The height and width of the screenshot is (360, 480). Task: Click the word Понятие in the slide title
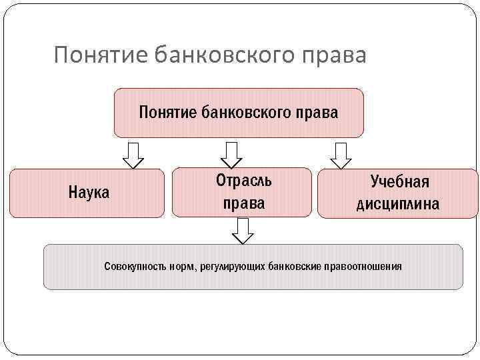100,55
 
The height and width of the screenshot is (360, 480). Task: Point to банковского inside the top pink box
246,112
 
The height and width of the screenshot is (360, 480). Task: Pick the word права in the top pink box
317,112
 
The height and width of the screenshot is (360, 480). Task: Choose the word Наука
89,193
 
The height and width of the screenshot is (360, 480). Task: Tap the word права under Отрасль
243,203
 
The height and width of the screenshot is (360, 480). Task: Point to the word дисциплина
398,204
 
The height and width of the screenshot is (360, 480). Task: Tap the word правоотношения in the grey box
363,267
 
